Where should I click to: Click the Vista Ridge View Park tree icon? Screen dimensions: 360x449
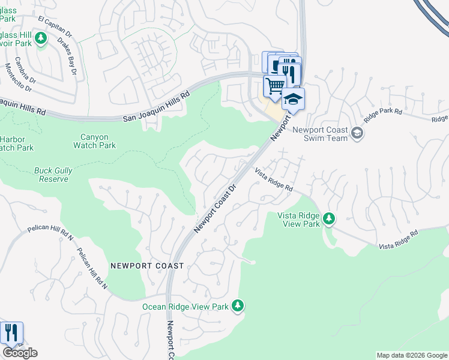328,218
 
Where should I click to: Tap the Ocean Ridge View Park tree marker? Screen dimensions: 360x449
238,306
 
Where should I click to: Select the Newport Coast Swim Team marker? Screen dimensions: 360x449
357,133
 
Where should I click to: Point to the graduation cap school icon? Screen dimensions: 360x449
294,99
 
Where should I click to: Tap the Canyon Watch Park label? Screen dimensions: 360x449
94,141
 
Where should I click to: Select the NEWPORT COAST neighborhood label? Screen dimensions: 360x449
142,265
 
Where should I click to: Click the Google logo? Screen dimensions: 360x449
20,353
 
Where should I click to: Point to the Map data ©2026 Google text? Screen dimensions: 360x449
412,355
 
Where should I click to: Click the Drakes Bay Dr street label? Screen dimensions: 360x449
68,58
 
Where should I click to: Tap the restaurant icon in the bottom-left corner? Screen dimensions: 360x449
11,333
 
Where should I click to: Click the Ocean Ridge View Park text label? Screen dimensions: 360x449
185,307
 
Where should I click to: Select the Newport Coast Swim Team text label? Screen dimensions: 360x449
320,133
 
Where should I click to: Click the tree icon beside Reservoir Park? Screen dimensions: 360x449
41,40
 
